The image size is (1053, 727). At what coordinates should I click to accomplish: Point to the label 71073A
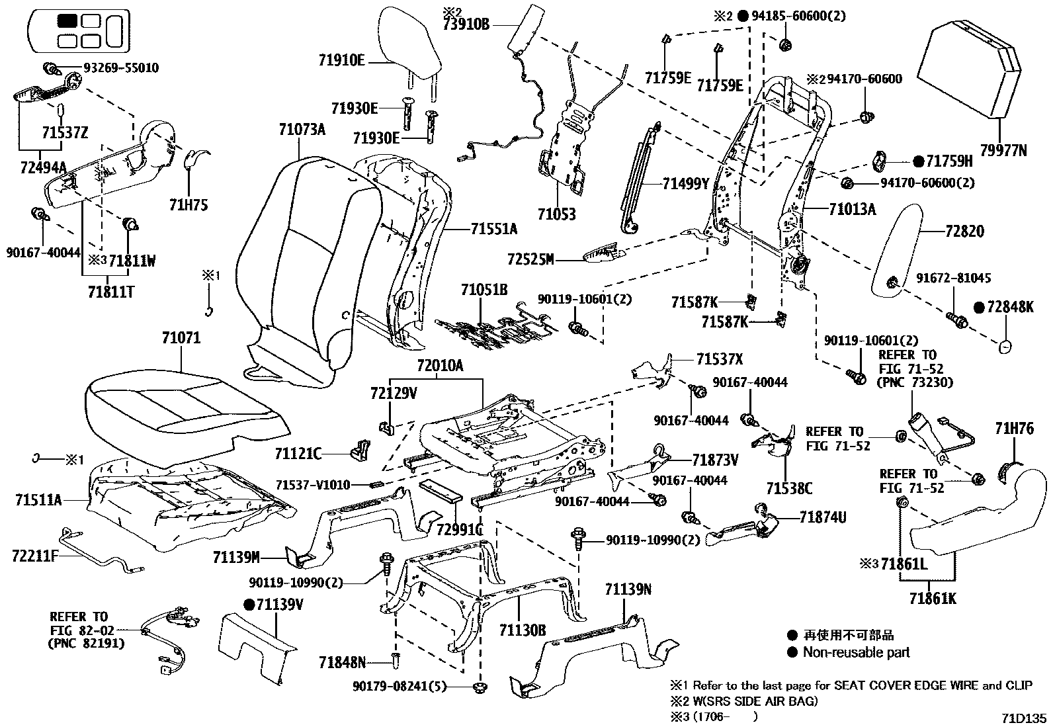[302, 130]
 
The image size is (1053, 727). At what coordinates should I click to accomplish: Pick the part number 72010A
[440, 366]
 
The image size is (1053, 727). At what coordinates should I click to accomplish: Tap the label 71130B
[523, 630]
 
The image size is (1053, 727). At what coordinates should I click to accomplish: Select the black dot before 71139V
[249, 604]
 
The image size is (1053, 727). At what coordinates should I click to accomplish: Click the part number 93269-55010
[120, 67]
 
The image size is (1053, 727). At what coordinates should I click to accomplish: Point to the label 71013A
[852, 210]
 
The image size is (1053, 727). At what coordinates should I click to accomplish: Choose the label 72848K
[1010, 307]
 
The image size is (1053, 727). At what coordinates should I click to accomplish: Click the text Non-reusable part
[856, 652]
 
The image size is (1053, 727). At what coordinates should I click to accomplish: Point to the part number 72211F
[35, 556]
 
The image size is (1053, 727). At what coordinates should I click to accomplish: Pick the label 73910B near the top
[466, 25]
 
